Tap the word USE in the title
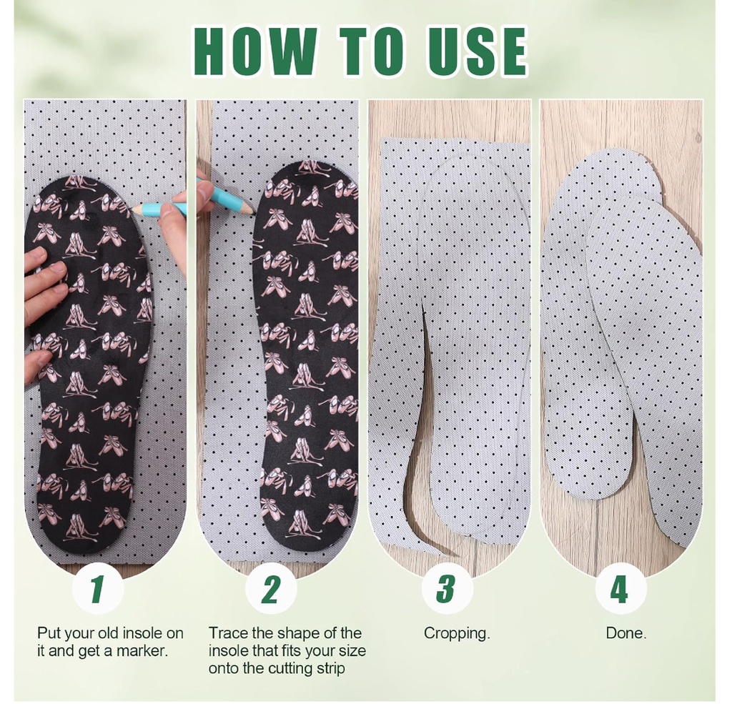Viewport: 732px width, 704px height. pos(478,51)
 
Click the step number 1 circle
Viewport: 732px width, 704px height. pos(98,589)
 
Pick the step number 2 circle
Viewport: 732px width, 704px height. pos(271,589)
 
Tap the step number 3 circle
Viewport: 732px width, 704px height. pos(447,589)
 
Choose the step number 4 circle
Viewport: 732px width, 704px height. pos(620,589)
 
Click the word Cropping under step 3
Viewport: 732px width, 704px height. pos(457,634)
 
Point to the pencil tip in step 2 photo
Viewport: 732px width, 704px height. pos(252,213)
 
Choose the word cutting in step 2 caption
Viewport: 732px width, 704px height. pos(286,669)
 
